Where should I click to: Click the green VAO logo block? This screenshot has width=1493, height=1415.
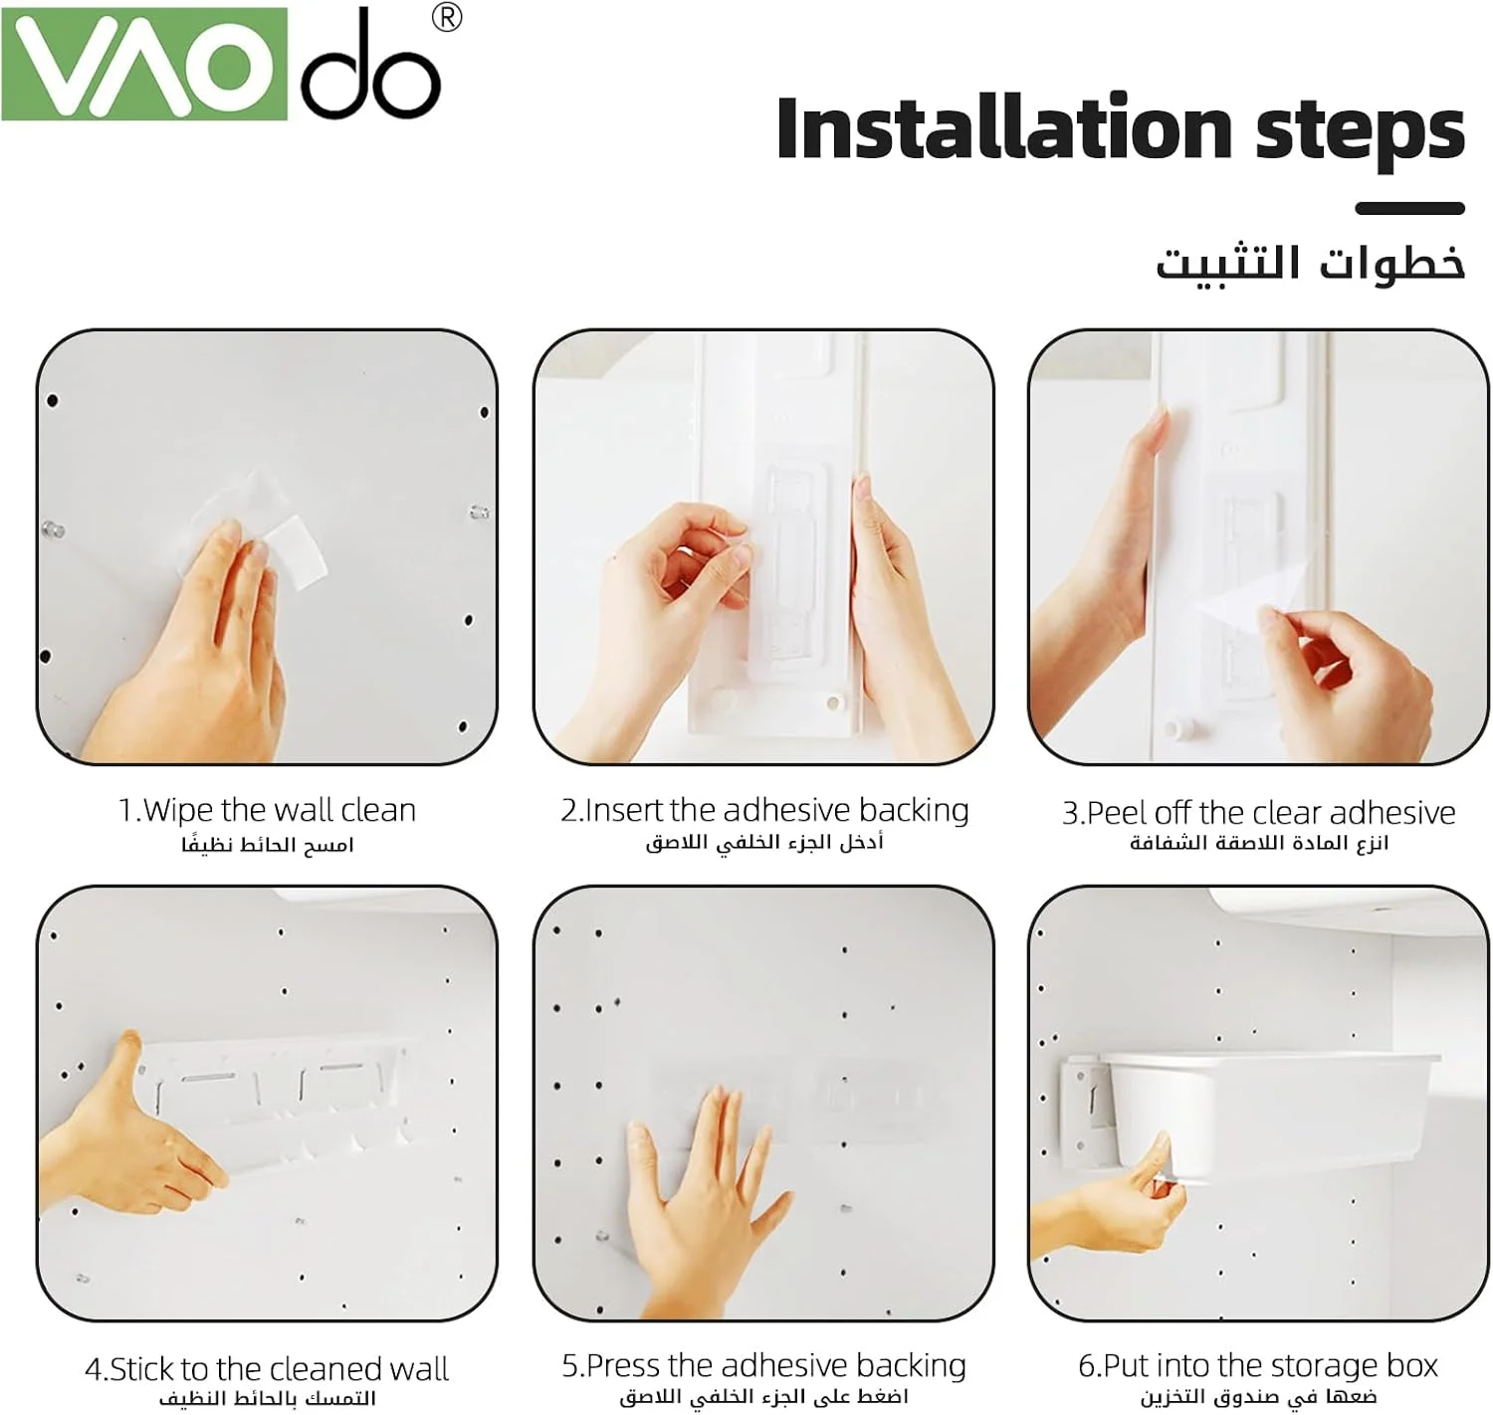coord(144,64)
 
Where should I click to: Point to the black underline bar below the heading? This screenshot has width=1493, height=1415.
coord(1409,209)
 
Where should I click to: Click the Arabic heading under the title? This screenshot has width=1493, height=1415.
coord(1310,265)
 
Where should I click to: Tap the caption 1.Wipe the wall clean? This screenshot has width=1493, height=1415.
coord(267,810)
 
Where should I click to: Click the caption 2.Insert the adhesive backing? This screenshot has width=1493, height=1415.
coord(764,810)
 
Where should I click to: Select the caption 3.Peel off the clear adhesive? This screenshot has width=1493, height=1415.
coord(1258,813)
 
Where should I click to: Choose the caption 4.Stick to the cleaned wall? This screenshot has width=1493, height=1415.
coord(267,1368)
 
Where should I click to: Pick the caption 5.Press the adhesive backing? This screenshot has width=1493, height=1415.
coord(764,1365)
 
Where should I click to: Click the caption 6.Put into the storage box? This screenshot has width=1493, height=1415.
coord(1258,1365)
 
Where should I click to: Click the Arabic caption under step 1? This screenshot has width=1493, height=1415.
coord(267,845)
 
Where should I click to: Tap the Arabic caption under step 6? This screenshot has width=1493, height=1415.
coord(1258,1397)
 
